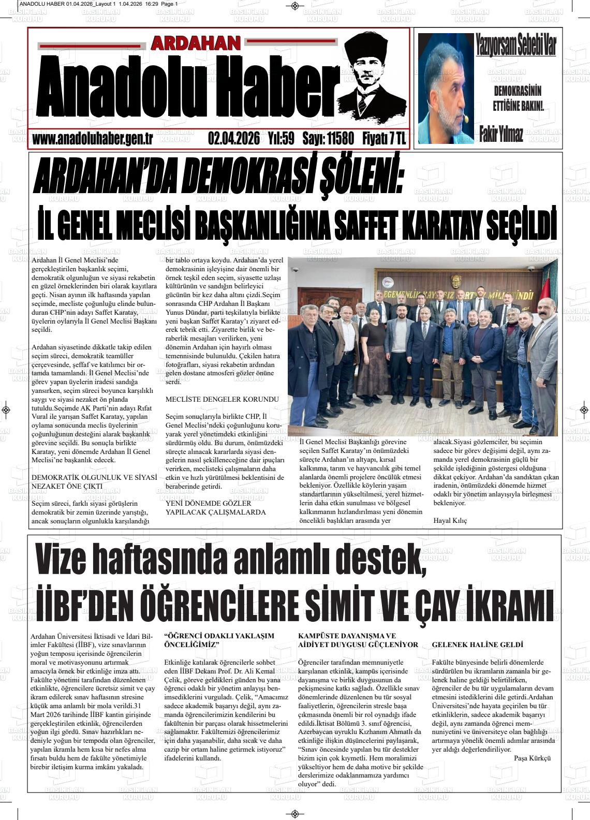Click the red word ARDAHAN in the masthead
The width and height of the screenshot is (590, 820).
click(x=196, y=43)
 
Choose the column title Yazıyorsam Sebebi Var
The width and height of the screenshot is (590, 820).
click(x=516, y=46)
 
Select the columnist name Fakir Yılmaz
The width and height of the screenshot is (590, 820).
click(x=501, y=134)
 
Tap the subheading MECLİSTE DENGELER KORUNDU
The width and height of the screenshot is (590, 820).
click(x=222, y=399)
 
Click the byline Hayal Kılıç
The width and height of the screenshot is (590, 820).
click(x=450, y=520)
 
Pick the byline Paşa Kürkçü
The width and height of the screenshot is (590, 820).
click(x=532, y=758)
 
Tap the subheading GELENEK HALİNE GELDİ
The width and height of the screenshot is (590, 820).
click(x=477, y=645)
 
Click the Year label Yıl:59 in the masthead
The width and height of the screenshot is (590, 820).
click(x=281, y=139)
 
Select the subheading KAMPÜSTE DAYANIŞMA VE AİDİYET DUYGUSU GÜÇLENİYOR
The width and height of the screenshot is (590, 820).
click(x=358, y=640)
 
